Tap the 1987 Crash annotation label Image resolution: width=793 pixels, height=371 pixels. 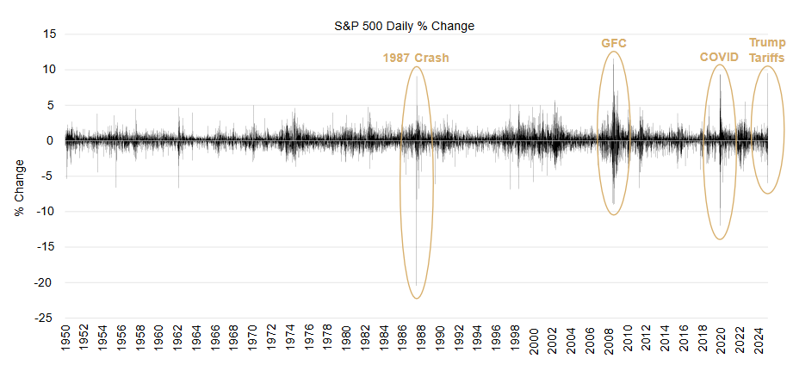click(416, 59)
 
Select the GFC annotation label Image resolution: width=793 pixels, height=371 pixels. click(614, 43)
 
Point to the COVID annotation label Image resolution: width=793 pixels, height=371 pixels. click(719, 58)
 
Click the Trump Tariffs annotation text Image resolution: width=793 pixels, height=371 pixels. click(766, 51)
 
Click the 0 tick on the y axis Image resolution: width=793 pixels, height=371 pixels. click(51, 140)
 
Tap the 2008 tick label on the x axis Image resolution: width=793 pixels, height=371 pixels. click(609, 340)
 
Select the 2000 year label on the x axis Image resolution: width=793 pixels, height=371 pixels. click(534, 340)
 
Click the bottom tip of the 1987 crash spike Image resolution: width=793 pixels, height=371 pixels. click(417, 285)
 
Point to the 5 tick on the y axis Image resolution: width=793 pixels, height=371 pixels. click(51, 105)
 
